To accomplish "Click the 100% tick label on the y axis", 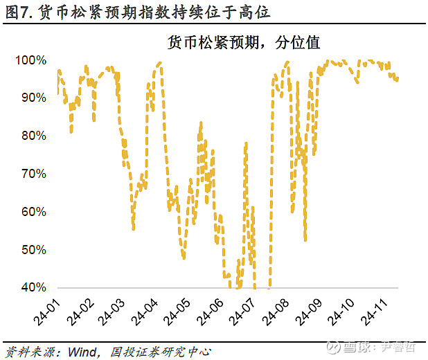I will point(30,60).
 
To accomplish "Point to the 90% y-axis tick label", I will point(33,98).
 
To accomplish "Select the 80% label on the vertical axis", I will point(33,136).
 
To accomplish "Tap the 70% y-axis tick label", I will point(33,174).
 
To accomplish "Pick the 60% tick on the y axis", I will point(33,211).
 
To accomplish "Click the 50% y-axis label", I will point(33,249).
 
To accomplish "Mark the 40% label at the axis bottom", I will point(33,287).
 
